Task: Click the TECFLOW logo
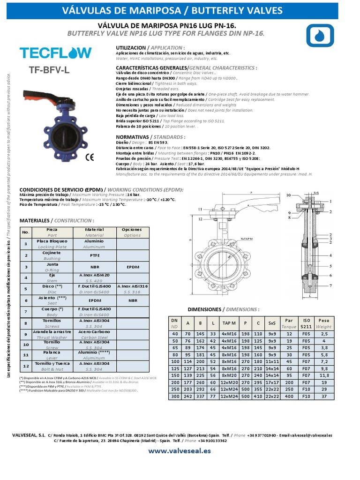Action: coord(56,52)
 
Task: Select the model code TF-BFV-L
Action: coord(49,71)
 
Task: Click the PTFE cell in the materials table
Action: coord(94,255)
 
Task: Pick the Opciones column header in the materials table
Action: coord(132,232)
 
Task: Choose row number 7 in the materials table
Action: coord(26,312)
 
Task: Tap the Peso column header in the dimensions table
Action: coord(323,323)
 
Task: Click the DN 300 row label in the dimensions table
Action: coord(174,396)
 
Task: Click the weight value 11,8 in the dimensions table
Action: coord(323,375)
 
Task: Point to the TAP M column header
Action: coord(229,323)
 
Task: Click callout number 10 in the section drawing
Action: coord(289,195)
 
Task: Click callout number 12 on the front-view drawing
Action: coord(200,219)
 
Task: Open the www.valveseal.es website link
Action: coord(180,451)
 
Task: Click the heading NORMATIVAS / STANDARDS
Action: coord(150,137)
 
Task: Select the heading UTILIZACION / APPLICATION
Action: coord(150,48)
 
